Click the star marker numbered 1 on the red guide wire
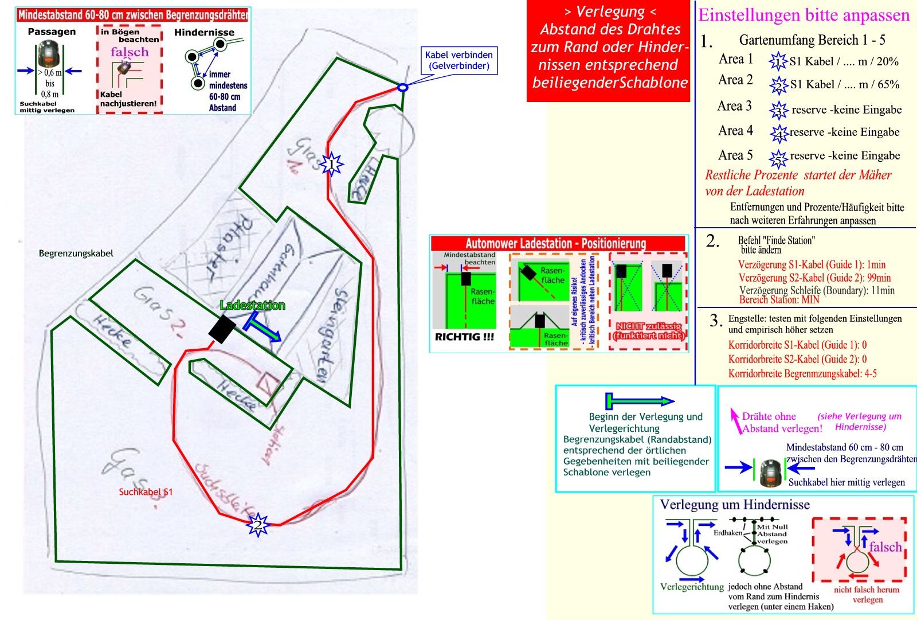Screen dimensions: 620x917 tap(331, 165)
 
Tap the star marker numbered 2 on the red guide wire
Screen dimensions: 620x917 tap(258, 524)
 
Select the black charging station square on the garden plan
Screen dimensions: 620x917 tap(222, 329)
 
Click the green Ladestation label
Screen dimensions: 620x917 tap(252, 305)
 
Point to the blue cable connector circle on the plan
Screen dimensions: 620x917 tap(402, 88)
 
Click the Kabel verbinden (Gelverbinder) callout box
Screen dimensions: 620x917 tap(458, 60)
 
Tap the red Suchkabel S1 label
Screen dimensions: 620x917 tap(146, 492)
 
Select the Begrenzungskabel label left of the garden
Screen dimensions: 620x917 tap(76, 253)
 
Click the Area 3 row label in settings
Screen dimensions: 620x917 tap(734, 106)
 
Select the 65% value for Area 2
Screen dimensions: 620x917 tap(888, 84)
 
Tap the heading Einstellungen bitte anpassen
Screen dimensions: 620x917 tap(804, 15)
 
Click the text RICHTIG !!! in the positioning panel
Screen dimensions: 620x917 tap(464, 337)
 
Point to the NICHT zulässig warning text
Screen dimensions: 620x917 tap(649, 330)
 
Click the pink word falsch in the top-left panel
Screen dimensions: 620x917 tap(130, 52)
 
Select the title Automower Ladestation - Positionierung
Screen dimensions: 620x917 tap(555, 243)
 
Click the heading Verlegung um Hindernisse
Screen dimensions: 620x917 tap(735, 505)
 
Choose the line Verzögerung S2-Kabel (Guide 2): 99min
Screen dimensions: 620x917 tap(814, 278)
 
